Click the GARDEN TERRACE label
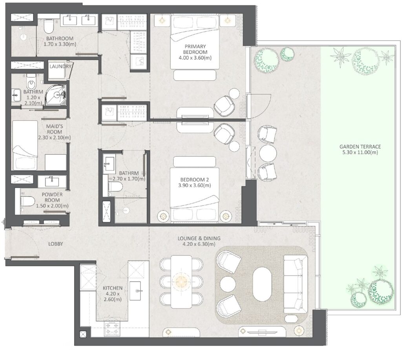coord(360,147)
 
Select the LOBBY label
coord(55,244)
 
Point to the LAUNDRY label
coord(60,66)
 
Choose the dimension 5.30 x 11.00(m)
coord(360,152)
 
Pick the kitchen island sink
coord(138,291)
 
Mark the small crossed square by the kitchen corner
coord(83,334)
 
